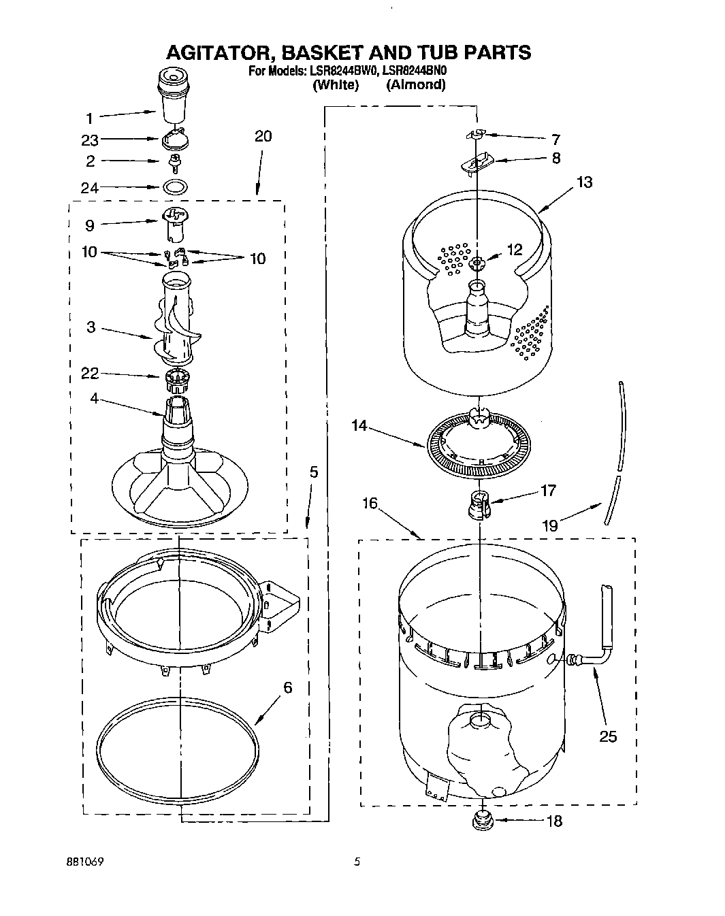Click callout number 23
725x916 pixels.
click(90, 141)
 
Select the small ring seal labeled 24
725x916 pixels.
click(176, 186)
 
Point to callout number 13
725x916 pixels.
click(583, 182)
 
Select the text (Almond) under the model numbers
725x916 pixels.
click(415, 85)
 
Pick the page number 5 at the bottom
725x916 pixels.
click(356, 862)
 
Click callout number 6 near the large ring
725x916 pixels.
click(287, 688)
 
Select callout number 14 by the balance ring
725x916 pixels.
click(359, 426)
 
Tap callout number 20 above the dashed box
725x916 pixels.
click(263, 136)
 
